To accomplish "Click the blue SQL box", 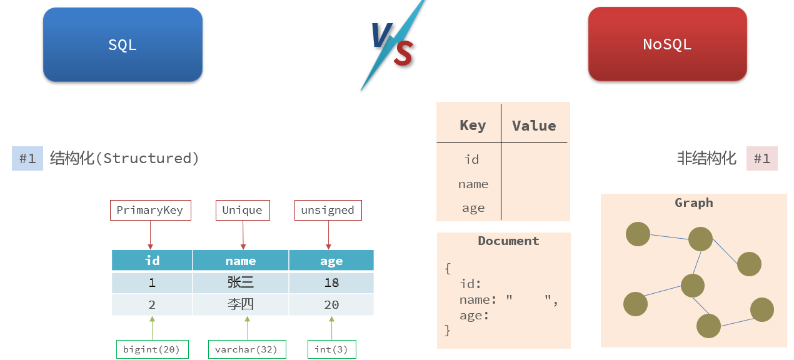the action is point(123,44).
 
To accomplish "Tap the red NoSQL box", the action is point(667,44).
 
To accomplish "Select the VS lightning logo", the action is point(393,45).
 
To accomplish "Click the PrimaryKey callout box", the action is point(150,210).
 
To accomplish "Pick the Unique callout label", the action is point(242,210).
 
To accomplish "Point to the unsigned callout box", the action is point(328,210).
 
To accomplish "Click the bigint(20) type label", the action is point(152,349).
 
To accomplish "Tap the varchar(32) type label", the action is point(246,349).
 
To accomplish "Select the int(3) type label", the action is point(331,349).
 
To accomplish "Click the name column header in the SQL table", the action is point(241,261).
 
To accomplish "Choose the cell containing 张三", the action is point(241,282).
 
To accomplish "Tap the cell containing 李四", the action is point(241,305).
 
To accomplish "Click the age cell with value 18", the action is point(331,282).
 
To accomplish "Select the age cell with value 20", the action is point(331,305).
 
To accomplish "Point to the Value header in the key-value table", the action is point(534,126).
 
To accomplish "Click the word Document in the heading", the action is point(508,241).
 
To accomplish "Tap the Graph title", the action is point(693,202).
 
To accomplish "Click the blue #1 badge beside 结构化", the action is point(28,158).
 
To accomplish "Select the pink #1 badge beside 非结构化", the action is point(761,158).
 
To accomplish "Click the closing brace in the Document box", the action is point(447,330).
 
